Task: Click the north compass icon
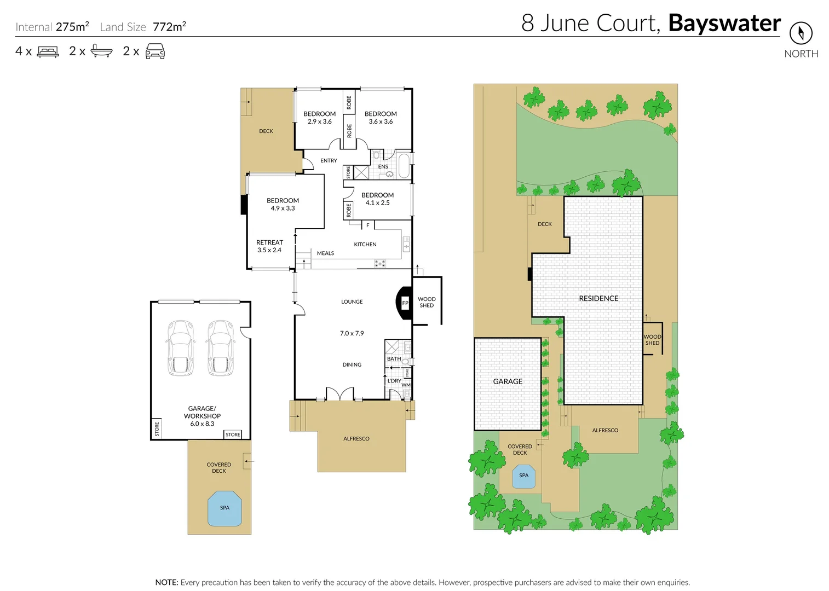(801, 33)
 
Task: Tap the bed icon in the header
(48, 52)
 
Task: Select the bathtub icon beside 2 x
(101, 51)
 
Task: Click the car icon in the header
(155, 51)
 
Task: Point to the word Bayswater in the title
(724, 23)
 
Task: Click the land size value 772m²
(169, 27)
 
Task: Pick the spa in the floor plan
(224, 508)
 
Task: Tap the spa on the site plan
(523, 476)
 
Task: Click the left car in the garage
(180, 348)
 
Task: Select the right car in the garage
(221, 348)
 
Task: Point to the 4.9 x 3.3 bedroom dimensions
(283, 208)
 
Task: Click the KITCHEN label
(365, 245)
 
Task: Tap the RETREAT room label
(269, 242)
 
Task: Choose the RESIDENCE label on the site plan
(598, 299)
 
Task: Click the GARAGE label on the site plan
(508, 381)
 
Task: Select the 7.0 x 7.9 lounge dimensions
(352, 333)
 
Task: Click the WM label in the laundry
(406, 385)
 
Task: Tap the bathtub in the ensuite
(404, 166)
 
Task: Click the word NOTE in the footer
(166, 582)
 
